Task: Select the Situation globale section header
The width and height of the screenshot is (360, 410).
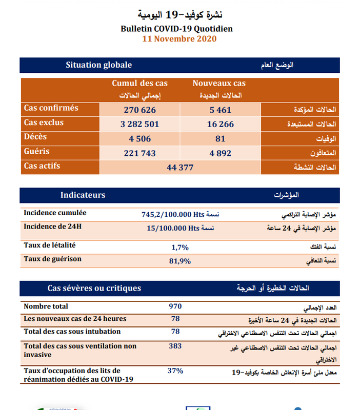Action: click(x=99, y=65)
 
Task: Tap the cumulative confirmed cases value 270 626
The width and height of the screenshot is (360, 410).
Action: click(x=139, y=110)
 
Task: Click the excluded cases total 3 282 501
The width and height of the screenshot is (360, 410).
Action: click(x=139, y=124)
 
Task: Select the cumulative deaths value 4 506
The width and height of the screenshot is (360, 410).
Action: click(x=139, y=138)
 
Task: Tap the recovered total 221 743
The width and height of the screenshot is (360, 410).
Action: click(x=139, y=153)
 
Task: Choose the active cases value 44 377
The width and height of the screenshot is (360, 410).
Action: click(x=179, y=167)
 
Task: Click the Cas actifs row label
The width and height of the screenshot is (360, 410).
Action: click(x=42, y=166)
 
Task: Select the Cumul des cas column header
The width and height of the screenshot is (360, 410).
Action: click(x=139, y=83)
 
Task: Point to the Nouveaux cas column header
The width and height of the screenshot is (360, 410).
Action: click(x=219, y=83)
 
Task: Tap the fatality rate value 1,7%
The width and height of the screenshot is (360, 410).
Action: click(x=181, y=247)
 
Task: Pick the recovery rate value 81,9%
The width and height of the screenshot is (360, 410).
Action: click(x=181, y=261)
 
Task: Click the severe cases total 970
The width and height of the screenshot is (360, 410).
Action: click(x=175, y=306)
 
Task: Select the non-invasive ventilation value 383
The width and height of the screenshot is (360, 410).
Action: click(x=175, y=346)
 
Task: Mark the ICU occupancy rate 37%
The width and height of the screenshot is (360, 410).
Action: click(x=175, y=370)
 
